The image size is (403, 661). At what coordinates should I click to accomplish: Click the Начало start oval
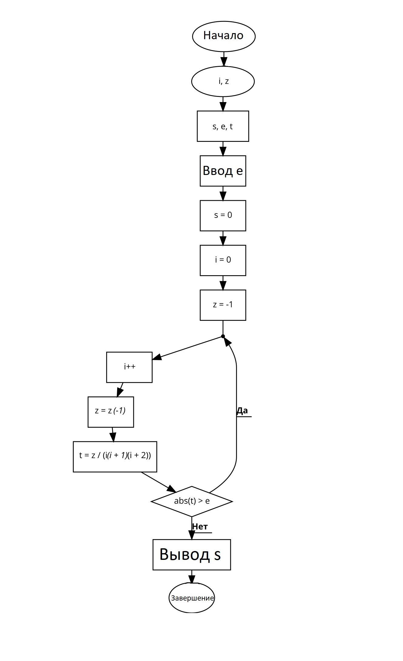tap(224, 36)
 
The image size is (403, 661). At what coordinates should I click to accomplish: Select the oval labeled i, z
tap(223, 81)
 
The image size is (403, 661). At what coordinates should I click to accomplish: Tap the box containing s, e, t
tap(223, 126)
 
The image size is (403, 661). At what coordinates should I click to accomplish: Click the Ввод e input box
tap(223, 171)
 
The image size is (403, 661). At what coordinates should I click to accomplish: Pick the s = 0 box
tap(223, 215)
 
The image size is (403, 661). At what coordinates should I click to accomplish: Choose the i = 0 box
tap(223, 260)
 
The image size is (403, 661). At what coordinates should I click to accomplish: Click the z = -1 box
tap(223, 305)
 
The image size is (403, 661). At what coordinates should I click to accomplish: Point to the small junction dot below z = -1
tap(223, 336)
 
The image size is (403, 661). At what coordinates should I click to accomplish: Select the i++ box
tap(129, 367)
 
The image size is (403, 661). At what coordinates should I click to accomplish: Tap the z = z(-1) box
tap(111, 412)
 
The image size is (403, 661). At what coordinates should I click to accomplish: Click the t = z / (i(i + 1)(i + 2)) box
tap(115, 456)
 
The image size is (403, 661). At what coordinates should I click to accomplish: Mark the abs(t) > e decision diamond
tap(192, 501)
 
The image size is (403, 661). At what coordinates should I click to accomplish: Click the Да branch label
tap(242, 411)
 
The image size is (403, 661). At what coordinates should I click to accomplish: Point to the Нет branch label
tap(200, 526)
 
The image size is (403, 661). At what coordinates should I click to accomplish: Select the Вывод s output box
tap(191, 554)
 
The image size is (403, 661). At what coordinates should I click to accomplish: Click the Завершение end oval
tap(192, 598)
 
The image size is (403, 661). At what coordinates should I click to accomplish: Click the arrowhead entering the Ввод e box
tap(223, 152)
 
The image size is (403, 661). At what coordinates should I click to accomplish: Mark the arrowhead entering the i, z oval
tap(223, 62)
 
